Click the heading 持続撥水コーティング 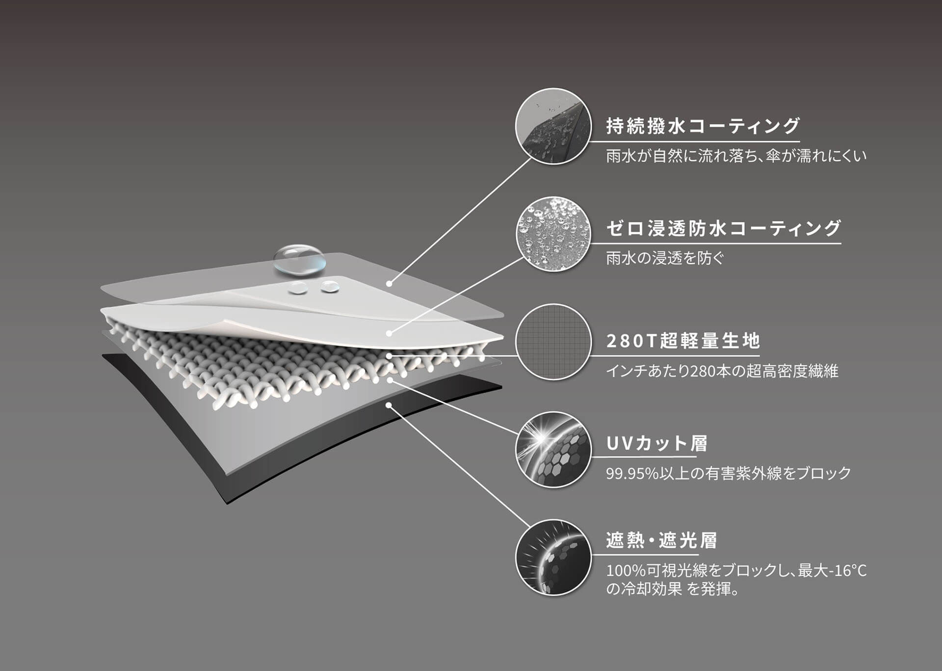703,126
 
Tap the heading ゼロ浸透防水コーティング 723,228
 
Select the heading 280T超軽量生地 683,341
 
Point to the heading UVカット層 656,443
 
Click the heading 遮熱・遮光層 661,540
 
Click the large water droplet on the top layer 299,259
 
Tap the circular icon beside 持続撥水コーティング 553,126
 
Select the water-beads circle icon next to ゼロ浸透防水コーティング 553,234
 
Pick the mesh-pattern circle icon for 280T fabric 553,342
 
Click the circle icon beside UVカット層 553,450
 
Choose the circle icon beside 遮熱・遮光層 553,557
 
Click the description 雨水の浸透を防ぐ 665,258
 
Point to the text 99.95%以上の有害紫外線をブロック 728,473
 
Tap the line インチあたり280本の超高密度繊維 722,371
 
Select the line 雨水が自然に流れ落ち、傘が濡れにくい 736,156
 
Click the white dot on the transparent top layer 389,283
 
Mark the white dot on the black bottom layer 389,405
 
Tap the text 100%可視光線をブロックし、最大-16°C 736,570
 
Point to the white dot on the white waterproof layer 389,333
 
